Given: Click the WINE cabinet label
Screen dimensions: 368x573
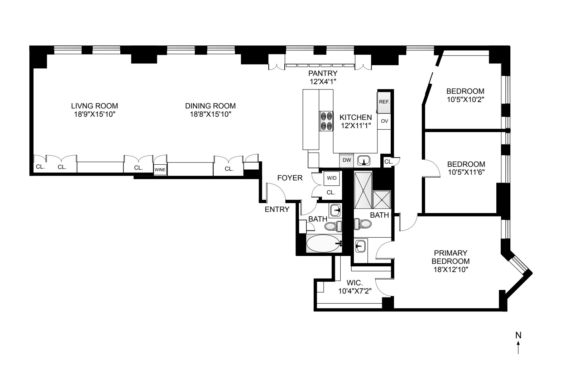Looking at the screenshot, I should (x=160, y=170).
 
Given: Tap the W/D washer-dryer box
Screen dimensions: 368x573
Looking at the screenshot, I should (x=331, y=178).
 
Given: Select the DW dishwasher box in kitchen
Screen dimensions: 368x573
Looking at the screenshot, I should (x=346, y=160).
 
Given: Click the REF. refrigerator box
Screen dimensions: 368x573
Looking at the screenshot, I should (x=384, y=102).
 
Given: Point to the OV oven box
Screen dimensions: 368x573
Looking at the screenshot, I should (x=384, y=121).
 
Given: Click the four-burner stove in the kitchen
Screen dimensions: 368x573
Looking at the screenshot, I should (x=326, y=121).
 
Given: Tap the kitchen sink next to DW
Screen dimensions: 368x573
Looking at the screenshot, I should (x=364, y=161).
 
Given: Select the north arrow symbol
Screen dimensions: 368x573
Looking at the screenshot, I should (x=518, y=347).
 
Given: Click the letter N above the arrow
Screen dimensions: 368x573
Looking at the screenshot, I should (x=518, y=335).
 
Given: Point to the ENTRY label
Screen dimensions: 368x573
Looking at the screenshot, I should (x=277, y=210).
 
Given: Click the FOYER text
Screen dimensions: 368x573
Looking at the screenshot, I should (x=290, y=178).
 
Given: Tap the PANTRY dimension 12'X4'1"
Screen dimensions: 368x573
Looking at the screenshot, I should (x=323, y=81).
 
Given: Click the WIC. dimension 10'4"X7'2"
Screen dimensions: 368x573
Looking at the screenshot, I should (x=355, y=291).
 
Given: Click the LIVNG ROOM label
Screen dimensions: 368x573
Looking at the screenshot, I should (x=95, y=106).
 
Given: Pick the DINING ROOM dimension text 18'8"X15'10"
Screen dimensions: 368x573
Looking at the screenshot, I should (x=210, y=114).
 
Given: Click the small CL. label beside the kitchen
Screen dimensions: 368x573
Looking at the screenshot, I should (x=388, y=162).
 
